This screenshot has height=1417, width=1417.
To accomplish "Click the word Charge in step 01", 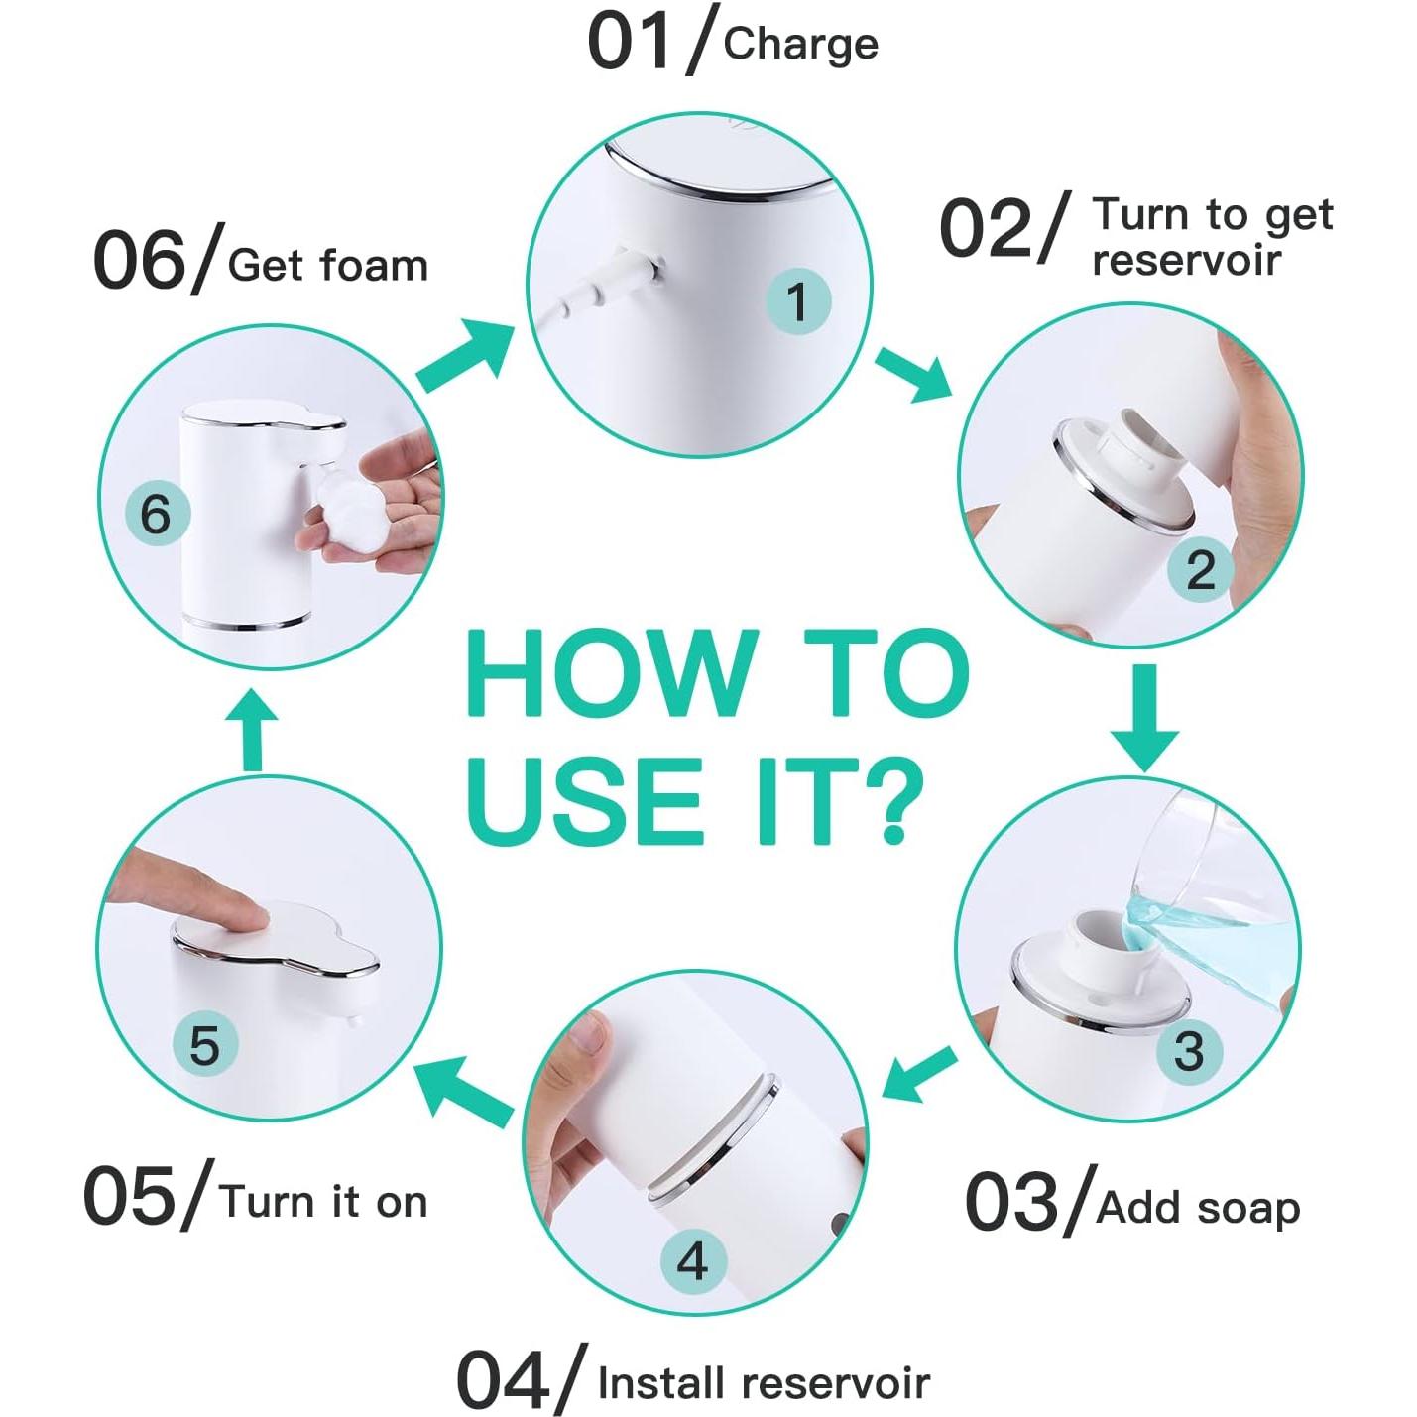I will (x=800, y=45).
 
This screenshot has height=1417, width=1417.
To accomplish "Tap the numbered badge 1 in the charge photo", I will (x=798, y=300).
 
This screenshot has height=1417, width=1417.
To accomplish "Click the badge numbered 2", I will (x=1199, y=569).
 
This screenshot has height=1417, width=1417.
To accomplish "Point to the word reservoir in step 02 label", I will (x=1186, y=261).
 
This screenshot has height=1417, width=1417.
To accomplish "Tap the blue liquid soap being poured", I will (x=1220, y=942).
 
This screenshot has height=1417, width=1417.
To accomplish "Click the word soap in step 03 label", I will (x=1248, y=1208).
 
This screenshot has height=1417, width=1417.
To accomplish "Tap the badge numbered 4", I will (x=693, y=1261).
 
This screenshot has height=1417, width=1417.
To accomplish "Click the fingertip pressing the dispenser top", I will (x=243, y=912).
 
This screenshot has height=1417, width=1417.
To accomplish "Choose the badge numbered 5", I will (x=204, y=1044).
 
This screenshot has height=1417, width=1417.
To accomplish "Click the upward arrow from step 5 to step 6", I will (x=253, y=732).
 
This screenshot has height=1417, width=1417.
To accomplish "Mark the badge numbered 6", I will (x=156, y=514).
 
